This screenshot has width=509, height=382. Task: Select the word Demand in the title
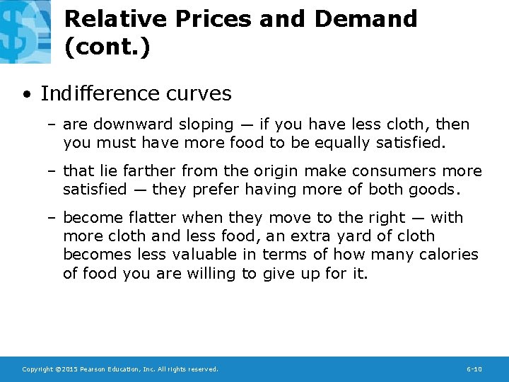coord(365,18)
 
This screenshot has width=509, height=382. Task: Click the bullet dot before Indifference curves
coord(26,94)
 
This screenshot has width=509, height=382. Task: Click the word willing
coord(212,273)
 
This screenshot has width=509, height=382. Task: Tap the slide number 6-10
coord(474,369)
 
